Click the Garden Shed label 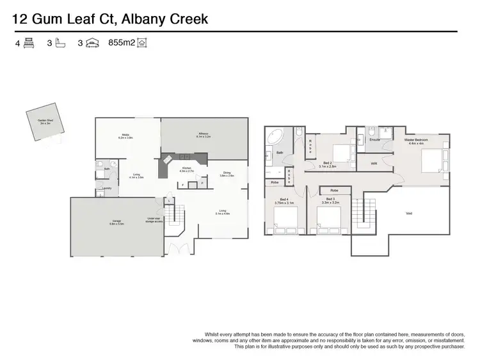point(45,122)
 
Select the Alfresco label point(204,136)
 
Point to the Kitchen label point(186,171)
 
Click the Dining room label point(227,174)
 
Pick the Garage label point(115,223)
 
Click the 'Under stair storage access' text point(154,219)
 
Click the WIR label point(374,164)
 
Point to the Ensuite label point(375,139)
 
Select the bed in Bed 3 point(330,224)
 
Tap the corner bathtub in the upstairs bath point(276,137)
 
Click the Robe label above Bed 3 point(334,191)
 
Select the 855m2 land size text point(122,43)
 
